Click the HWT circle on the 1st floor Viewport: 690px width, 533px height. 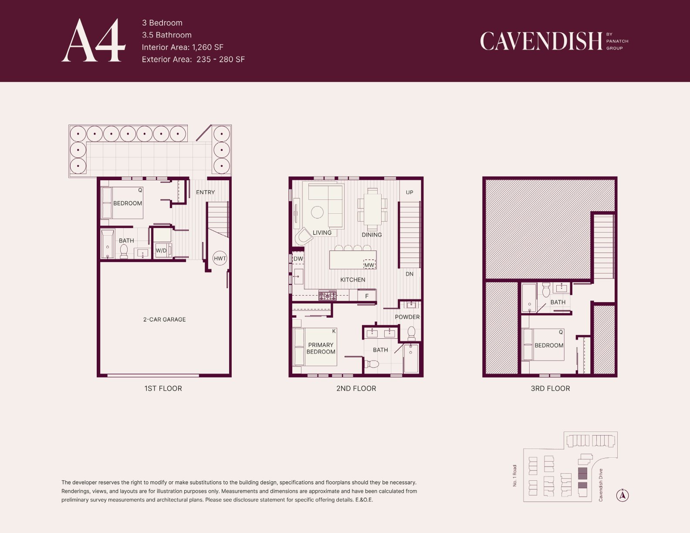220,258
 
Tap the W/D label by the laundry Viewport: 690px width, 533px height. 161,250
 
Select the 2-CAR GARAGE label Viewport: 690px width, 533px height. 165,319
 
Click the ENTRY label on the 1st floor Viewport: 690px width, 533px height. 206,192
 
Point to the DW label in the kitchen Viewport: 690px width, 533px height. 298,259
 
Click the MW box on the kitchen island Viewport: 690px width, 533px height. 369,264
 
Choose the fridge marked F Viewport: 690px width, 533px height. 367,296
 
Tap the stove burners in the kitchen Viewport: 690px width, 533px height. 328,296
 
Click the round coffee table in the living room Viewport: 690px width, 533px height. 317,212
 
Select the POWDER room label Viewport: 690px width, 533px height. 407,317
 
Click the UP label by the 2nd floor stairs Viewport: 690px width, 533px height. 409,192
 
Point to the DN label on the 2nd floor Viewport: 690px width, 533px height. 409,274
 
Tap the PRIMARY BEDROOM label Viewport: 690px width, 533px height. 321,348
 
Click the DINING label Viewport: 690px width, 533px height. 372,235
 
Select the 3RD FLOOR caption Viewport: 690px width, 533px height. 550,388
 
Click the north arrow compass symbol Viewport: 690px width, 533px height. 622,495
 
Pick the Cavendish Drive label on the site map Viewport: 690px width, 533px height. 600,485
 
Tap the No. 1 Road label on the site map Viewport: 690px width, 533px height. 515,476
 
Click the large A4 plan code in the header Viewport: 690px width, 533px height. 94,40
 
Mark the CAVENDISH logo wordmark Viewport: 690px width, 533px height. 541,41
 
